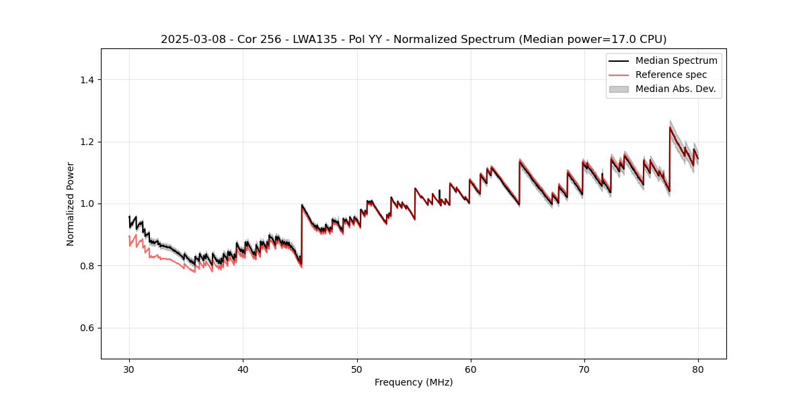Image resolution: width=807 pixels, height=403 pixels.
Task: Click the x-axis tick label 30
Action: pos(129,369)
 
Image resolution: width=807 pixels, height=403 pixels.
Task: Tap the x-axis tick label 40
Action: pos(243,369)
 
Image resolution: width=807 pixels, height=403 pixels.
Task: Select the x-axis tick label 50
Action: pos(357,369)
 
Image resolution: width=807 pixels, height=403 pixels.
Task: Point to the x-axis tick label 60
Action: pos(471,369)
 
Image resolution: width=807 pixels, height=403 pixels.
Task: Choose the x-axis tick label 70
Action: pos(584,369)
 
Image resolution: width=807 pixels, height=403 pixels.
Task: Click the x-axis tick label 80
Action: pos(698,369)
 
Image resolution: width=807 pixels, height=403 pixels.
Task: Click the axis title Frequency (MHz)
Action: pos(414,382)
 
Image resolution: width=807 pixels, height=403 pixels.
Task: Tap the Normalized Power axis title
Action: pos(71,204)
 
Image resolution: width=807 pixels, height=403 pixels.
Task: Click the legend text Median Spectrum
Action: pos(676,60)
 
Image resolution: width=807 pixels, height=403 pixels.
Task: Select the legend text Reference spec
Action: pos(671,75)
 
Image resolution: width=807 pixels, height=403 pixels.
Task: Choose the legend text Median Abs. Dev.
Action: pos(675,89)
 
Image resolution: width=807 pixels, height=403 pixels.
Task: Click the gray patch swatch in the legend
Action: pos(619,89)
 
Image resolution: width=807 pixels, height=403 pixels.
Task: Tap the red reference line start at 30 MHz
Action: pos(129,236)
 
